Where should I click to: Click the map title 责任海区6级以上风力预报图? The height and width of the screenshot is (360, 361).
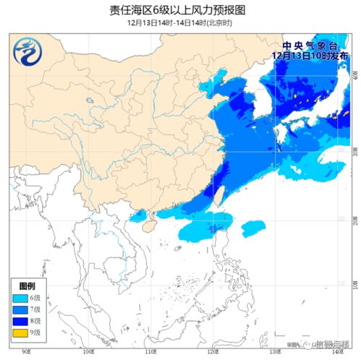point(180,10)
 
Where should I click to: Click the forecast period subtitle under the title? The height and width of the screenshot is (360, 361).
point(180,23)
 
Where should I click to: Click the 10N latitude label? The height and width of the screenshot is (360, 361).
point(356,286)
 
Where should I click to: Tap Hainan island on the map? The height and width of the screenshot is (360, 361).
point(150,226)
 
